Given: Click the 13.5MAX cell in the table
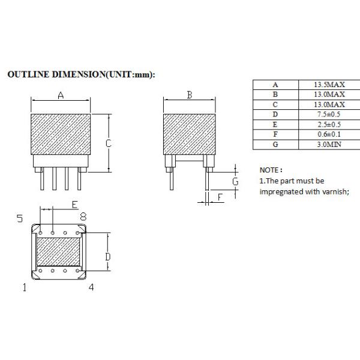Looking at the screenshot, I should [329, 85].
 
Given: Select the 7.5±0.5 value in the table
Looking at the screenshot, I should [329, 114].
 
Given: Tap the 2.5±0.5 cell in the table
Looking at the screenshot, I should [329, 124].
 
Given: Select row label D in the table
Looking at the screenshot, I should [275, 114].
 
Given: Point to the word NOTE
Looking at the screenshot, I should [270, 170].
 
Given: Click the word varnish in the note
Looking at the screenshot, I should [334, 192].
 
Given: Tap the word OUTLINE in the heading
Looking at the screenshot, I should [28, 75].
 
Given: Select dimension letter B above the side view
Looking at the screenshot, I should [189, 95].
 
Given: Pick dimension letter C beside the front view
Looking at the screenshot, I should [109, 143].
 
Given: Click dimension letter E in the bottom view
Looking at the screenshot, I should [74, 205].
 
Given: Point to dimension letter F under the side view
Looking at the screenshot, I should [220, 197].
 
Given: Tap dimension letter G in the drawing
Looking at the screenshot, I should [235, 181].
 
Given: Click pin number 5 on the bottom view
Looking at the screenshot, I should [20, 218].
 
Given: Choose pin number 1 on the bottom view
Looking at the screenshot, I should [25, 287].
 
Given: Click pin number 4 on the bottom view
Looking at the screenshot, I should [91, 287].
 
